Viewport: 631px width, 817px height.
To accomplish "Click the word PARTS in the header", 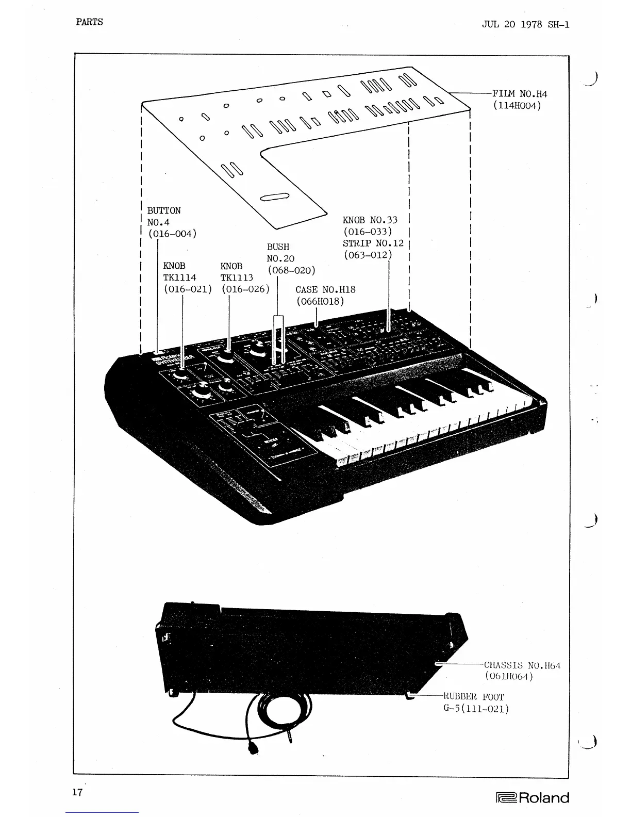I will [89, 22].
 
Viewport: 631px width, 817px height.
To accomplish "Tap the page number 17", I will [77, 792].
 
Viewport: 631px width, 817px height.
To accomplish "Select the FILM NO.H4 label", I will [520, 94].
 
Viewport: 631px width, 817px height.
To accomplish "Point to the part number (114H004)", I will [517, 106].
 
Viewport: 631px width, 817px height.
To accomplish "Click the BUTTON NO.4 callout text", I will [164, 217].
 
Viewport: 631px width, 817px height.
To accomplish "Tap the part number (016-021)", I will [188, 289].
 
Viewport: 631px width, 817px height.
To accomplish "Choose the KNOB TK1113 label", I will [236, 272].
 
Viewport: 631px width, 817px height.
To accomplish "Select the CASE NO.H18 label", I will [325, 290].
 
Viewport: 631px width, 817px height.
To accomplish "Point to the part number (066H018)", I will [320, 301].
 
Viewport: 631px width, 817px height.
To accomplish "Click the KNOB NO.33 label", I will [370, 220].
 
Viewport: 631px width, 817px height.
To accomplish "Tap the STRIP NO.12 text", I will [373, 243].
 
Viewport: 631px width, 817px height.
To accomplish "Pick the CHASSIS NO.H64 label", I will [522, 665].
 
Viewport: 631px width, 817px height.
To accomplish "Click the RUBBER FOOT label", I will [474, 697].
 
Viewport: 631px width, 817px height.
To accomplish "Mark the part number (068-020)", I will [291, 270].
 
